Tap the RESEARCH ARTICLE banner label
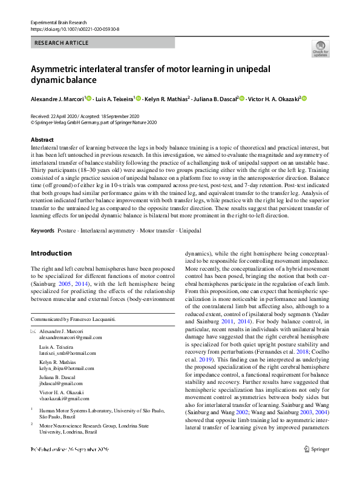pyautogui.click(x=62, y=43)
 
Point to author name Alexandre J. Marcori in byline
pyautogui.click(x=57, y=98)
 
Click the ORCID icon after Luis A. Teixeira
pyautogui.click(x=139, y=98)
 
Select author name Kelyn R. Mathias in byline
pyautogui.click(x=166, y=98)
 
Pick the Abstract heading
pyautogui.click(x=42, y=139)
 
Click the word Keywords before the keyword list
pyautogui.click(x=42, y=231)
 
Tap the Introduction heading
pyautogui.click(x=51, y=253)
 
